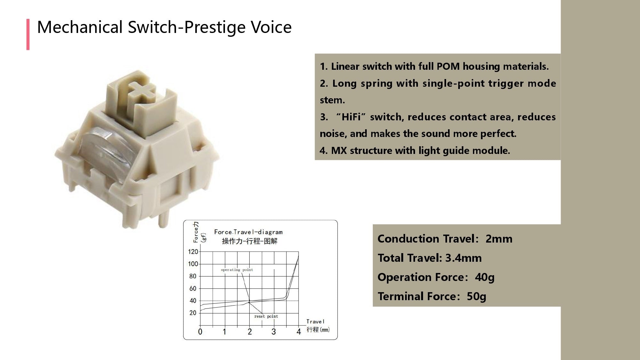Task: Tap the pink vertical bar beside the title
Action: [x=28, y=34]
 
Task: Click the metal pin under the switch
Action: [x=163, y=219]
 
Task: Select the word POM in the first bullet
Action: [x=448, y=67]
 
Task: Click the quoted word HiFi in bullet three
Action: [x=351, y=117]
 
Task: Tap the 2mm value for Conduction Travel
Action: [x=499, y=239]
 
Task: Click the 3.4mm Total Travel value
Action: [x=463, y=258]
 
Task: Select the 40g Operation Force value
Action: [x=484, y=277]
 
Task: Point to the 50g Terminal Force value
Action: [x=476, y=297]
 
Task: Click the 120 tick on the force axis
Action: [x=193, y=252]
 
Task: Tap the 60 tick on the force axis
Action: [x=193, y=289]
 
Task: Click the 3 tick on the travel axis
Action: [x=274, y=332]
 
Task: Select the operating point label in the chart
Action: [x=237, y=270]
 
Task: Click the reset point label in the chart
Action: [x=266, y=316]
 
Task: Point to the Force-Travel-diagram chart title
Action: [x=248, y=232]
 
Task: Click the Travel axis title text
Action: [x=315, y=322]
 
